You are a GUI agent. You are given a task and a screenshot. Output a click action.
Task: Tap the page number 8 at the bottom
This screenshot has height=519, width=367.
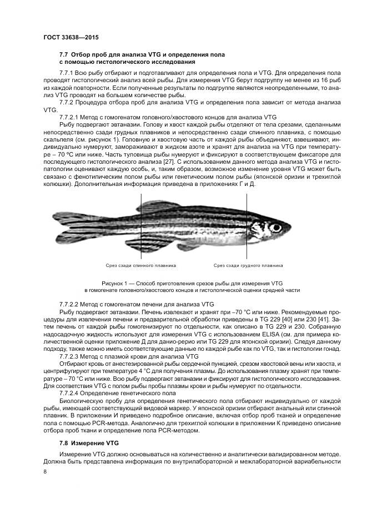tap(45, 471)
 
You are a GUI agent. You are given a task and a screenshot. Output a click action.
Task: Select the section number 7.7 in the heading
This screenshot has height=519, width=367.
tap(64, 54)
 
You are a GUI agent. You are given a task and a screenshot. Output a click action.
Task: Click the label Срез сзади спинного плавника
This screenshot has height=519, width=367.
tap(140, 265)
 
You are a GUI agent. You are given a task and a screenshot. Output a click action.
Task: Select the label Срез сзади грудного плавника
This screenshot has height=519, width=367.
tap(248, 265)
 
